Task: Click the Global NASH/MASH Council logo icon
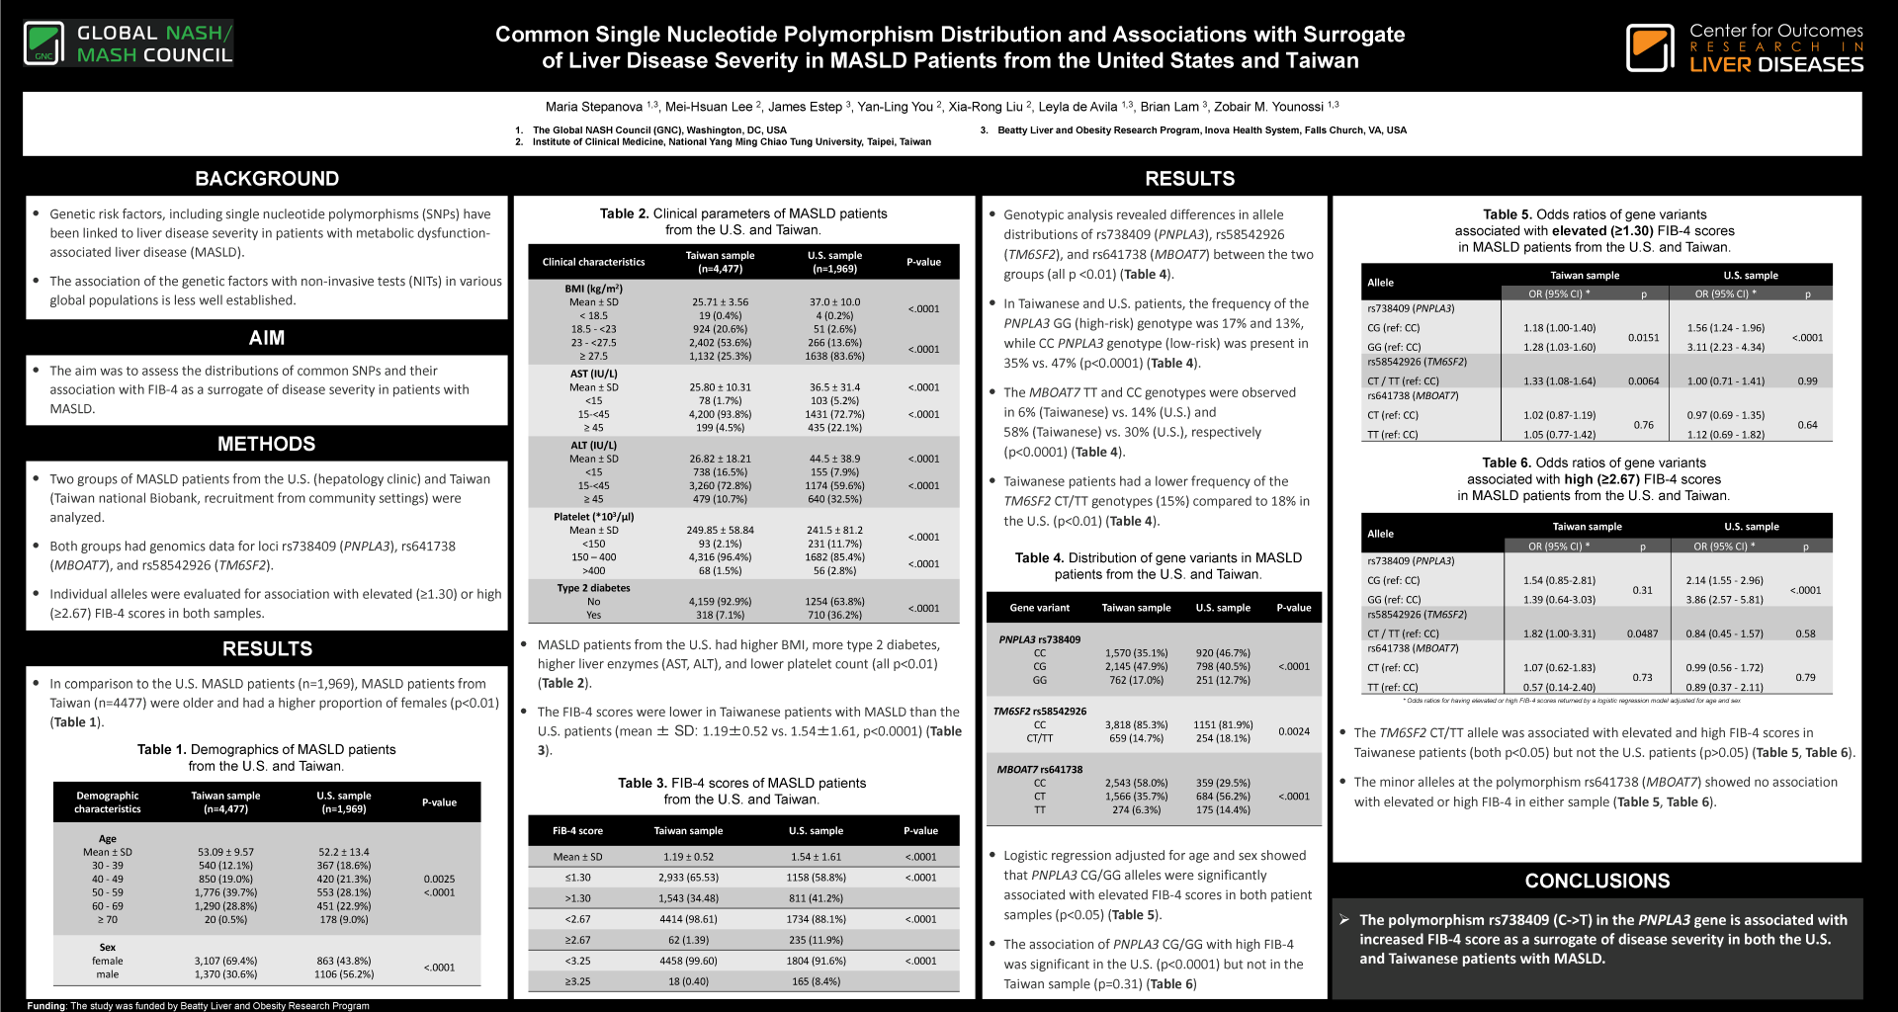pos(44,43)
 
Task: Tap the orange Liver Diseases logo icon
pos(1650,47)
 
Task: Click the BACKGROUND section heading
pos(267,179)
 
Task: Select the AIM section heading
pos(267,338)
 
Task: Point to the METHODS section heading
pos(267,444)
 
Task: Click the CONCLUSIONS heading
pos(1596,881)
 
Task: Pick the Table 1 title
pos(267,758)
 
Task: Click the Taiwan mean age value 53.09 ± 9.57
pos(225,852)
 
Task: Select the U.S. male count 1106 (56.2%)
pos(344,974)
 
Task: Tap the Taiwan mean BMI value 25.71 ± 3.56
pos(720,302)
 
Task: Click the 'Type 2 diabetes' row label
pos(593,588)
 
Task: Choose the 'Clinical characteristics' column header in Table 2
pos(593,262)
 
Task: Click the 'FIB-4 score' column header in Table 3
pos(577,831)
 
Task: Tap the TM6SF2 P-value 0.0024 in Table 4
pos(1293,731)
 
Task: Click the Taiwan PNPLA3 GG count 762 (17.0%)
pos(1136,680)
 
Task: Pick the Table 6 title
pos(1594,479)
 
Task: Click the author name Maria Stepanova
pos(593,107)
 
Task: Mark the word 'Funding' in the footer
pos(46,1006)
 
